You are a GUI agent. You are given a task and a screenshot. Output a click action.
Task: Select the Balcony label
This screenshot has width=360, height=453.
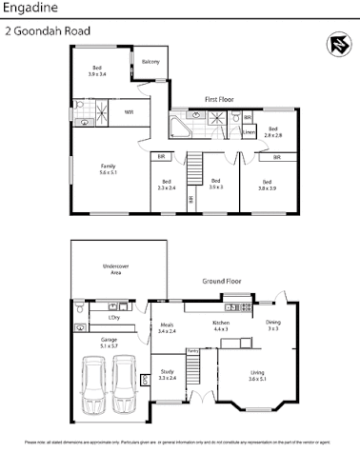(x=150, y=62)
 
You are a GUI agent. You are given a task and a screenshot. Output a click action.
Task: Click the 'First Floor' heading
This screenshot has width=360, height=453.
(x=220, y=99)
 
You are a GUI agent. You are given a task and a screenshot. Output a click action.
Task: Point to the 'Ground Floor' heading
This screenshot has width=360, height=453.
(x=222, y=282)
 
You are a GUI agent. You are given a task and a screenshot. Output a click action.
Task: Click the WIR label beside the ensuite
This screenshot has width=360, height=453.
(x=129, y=112)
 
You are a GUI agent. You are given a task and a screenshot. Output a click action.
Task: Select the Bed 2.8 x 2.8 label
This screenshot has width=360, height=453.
(x=272, y=132)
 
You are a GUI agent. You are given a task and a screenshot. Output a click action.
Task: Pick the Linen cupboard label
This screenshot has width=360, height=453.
(x=248, y=132)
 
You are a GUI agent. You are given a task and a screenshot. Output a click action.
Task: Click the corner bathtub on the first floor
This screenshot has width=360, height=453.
(x=180, y=127)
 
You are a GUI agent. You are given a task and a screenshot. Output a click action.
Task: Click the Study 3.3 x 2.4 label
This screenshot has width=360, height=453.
(x=167, y=375)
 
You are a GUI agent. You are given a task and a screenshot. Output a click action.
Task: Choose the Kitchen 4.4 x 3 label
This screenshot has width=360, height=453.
(x=221, y=325)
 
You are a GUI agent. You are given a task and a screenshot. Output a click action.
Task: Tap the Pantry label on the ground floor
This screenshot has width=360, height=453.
(x=191, y=352)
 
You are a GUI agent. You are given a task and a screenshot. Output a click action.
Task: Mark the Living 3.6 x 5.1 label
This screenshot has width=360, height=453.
(x=256, y=375)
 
